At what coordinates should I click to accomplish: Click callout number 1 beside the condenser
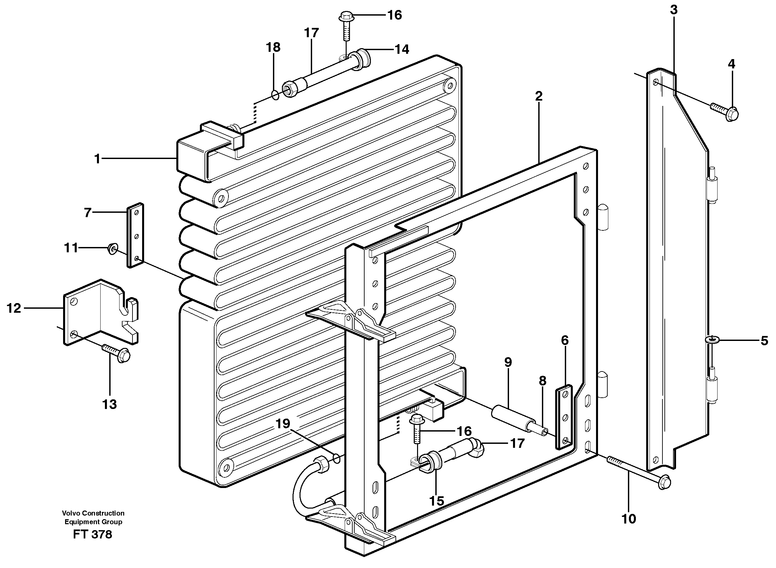pos(97,159)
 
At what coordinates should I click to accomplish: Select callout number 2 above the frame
pos(539,96)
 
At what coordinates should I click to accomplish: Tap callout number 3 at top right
pos(673,10)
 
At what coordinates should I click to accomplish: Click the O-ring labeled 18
pos(275,95)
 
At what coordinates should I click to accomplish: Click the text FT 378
pos(93,534)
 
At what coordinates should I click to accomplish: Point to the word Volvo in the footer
pos(70,513)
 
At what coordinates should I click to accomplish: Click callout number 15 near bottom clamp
pos(436,501)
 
